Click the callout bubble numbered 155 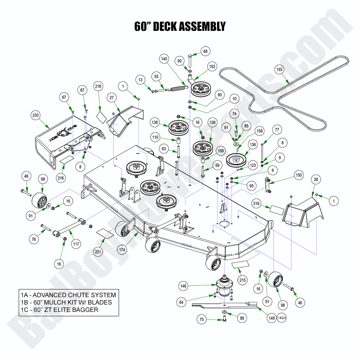[279, 69]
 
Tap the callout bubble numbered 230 [35, 115]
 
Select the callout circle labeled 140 [164, 59]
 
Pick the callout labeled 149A [282, 318]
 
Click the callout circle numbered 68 [205, 51]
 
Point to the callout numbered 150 [299, 175]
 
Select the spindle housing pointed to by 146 [223, 285]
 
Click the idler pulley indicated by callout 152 [202, 89]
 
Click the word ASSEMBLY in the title [197, 26]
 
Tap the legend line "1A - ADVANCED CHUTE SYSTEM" [68, 295]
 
